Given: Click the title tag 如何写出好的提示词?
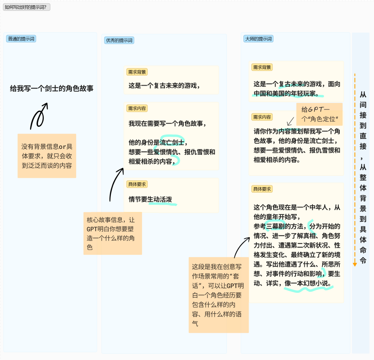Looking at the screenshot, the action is coord(27,7).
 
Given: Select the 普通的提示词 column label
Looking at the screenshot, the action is coord(21,39).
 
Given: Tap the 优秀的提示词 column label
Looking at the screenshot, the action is coord(119,40).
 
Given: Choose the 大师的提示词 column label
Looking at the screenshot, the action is coord(258,39).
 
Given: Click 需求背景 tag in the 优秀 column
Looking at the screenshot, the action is coord(137,72).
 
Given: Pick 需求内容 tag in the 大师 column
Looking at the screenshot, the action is coord(262,117).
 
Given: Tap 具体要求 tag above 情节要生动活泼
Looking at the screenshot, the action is coord(137,184).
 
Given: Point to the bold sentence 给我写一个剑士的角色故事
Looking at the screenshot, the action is coord(51,88).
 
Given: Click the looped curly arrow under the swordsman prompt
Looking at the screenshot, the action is coord(39,116).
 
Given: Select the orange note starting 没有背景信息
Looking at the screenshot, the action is coord(47,156).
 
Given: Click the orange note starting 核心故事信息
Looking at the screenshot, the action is coord(112,234).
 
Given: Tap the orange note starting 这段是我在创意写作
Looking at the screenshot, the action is coord(219,295).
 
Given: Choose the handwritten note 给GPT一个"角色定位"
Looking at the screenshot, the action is coord(319,114).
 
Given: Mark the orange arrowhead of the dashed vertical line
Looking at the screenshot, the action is coord(355,265).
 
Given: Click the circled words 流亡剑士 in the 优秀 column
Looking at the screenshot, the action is coord(172,142).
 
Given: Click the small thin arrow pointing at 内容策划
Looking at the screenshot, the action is coord(290,121).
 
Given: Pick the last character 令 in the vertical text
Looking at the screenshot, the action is coord(363,260).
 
